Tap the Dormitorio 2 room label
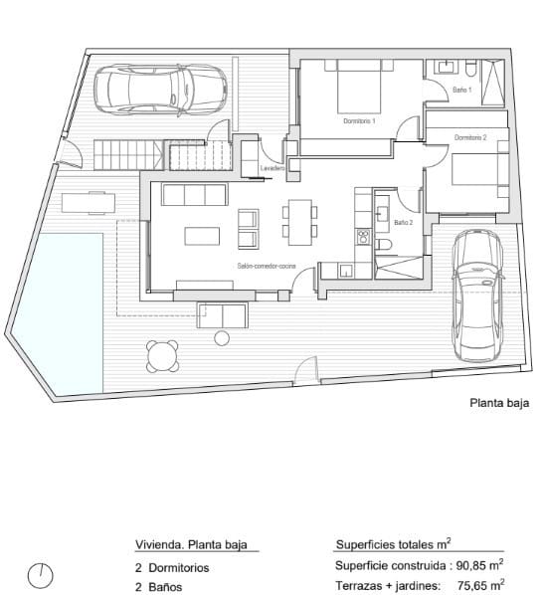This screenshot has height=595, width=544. coord(470,137)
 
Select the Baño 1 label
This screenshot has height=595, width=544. coord(461,90)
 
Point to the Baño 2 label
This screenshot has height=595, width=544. coord(403,223)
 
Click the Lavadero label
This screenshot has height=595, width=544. coord(273,169)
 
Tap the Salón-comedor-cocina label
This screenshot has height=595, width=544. coord(264,267)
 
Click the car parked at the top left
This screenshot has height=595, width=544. coord(161,90)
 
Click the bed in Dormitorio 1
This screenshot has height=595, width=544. coord(359,87)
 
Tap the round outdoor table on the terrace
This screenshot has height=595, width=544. coord(163,354)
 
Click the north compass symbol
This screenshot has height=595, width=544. coord(41,574)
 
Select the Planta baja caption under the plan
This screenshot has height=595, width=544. coord(499,404)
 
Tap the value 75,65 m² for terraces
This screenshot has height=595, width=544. coord(479,585)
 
